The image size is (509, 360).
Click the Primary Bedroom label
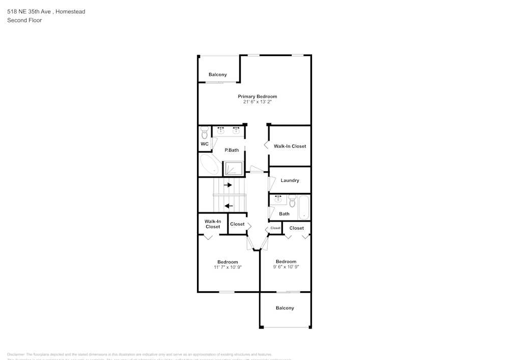257,96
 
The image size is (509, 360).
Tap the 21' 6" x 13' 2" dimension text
257,102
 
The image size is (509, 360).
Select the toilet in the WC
205,133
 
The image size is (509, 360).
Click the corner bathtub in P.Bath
209,165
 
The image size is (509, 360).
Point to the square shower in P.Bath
235,169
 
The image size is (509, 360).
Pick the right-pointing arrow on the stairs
228,185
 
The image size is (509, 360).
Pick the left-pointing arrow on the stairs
229,206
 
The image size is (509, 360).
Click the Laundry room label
290,180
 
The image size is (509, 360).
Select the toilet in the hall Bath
292,202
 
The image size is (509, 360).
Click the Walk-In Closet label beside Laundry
290,146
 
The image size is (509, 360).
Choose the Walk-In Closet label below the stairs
213,224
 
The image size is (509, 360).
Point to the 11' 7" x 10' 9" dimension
228,267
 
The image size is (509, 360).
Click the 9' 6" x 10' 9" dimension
286,266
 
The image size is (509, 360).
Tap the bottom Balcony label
285,308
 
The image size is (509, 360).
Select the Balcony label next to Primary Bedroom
218,75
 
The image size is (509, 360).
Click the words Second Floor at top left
24,20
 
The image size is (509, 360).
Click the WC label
205,144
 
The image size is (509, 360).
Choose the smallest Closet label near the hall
275,228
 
